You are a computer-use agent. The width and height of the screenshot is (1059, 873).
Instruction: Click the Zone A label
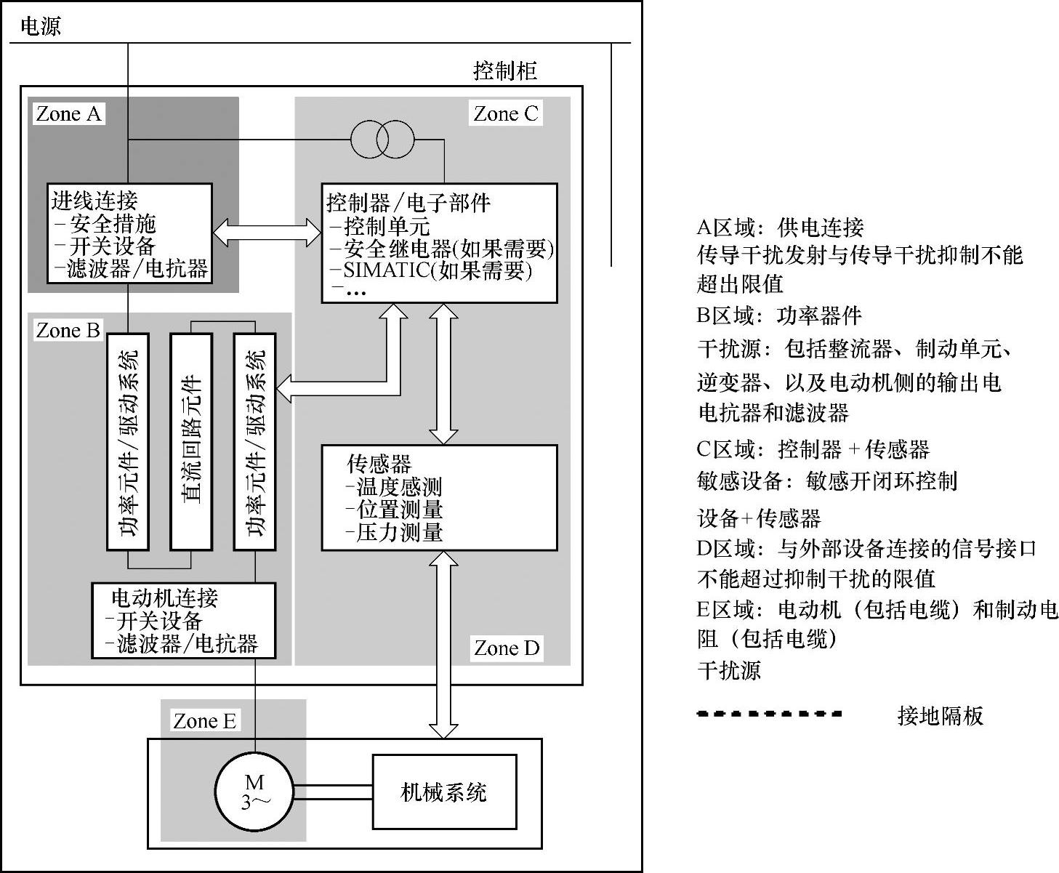[x=68, y=114]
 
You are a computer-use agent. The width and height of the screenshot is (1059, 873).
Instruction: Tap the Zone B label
[x=68, y=331]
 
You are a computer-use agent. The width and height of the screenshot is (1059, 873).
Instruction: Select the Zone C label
[x=506, y=114]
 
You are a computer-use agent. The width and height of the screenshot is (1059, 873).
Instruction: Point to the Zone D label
[x=507, y=648]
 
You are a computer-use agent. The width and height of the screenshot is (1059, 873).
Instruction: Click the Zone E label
[x=204, y=721]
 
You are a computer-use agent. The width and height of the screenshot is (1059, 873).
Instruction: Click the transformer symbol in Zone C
[x=382, y=137]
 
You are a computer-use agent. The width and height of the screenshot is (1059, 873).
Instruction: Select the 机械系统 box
[x=444, y=792]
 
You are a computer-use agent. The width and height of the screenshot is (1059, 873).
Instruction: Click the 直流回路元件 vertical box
[x=191, y=441]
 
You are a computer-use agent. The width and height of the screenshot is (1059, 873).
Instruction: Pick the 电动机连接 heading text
[x=164, y=598]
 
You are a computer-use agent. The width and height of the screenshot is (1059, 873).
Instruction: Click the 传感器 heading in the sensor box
[x=379, y=464]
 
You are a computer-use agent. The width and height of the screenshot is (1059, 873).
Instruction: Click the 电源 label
[x=40, y=27]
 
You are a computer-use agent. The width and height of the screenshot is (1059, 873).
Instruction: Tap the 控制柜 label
[x=505, y=71]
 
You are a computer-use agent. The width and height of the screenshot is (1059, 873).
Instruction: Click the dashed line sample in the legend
[x=769, y=714]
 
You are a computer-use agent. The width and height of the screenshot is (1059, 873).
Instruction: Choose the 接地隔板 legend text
[x=940, y=716]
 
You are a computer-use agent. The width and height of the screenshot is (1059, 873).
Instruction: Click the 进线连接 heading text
[x=94, y=200]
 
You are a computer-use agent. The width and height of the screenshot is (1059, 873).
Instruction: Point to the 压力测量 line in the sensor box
[x=399, y=533]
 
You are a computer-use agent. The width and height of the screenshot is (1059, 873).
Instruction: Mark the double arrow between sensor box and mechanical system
[x=443, y=645]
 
